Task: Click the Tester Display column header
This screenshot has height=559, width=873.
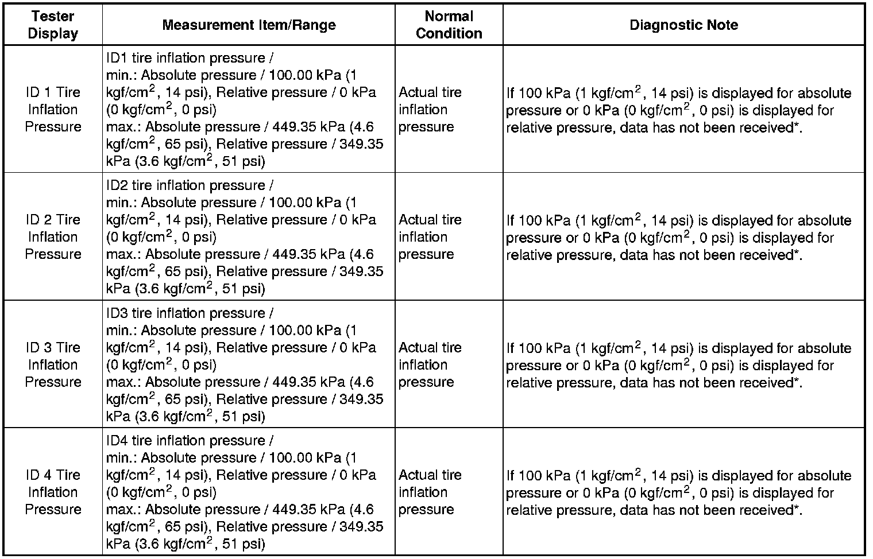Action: tap(53, 25)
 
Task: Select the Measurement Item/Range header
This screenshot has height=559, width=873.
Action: tap(249, 25)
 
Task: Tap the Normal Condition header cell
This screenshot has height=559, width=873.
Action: tap(449, 25)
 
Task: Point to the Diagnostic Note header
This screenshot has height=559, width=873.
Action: tap(683, 25)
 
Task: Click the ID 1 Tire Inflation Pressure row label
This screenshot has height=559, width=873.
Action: tap(53, 109)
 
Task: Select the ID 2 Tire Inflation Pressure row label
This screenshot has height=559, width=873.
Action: tap(53, 236)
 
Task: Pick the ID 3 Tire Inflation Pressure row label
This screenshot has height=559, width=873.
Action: tap(53, 364)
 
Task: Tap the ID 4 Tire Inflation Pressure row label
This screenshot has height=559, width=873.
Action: tap(53, 492)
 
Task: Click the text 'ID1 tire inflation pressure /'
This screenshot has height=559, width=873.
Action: tap(190, 58)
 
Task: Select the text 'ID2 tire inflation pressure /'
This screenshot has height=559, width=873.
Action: tap(190, 185)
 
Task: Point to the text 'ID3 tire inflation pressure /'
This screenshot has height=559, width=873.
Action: tap(190, 313)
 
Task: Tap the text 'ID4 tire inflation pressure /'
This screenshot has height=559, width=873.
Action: tap(190, 441)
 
